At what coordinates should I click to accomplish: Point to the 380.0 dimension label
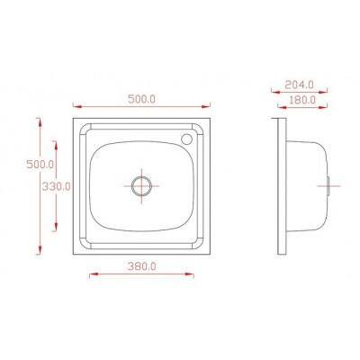pyautogui.click(x=142, y=266)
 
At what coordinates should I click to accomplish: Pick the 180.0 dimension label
pyautogui.click(x=301, y=100)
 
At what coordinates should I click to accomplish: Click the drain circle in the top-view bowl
pyautogui.click(x=141, y=186)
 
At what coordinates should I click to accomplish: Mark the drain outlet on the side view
pyautogui.click(x=331, y=186)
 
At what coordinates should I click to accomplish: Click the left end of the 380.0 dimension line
pyautogui.click(x=89, y=276)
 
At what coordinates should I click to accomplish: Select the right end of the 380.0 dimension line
pyautogui.click(x=195, y=276)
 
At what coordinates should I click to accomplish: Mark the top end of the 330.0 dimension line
pyautogui.click(x=56, y=139)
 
